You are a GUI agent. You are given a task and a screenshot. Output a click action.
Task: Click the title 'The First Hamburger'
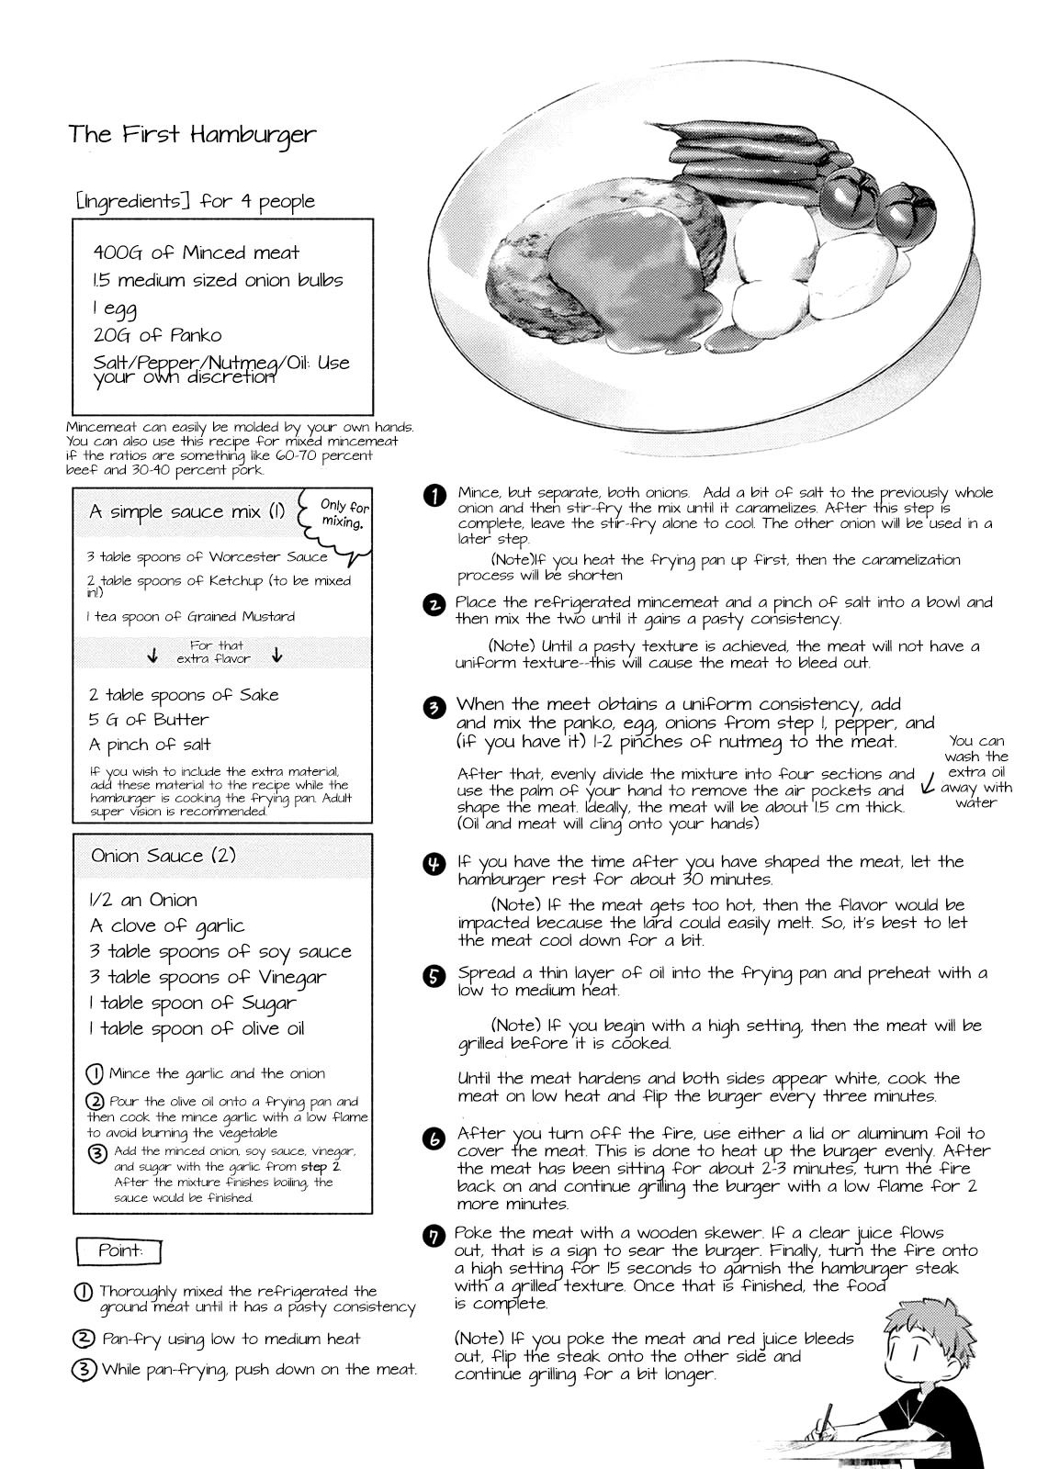[x=192, y=135]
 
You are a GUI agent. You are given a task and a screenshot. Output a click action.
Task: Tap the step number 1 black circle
[x=434, y=496]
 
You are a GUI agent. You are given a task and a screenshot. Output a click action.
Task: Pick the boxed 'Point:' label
[x=120, y=1250]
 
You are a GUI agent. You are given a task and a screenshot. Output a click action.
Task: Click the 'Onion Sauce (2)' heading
[x=163, y=856]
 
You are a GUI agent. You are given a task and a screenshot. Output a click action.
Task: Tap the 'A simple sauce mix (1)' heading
[x=186, y=511]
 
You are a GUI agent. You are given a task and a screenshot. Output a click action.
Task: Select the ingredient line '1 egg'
[x=115, y=308]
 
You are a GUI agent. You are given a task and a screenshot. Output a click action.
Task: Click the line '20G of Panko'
[x=157, y=335]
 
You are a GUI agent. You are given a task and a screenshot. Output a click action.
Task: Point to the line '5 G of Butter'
[x=149, y=720]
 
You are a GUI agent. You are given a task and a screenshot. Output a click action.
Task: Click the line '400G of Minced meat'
[x=196, y=252]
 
